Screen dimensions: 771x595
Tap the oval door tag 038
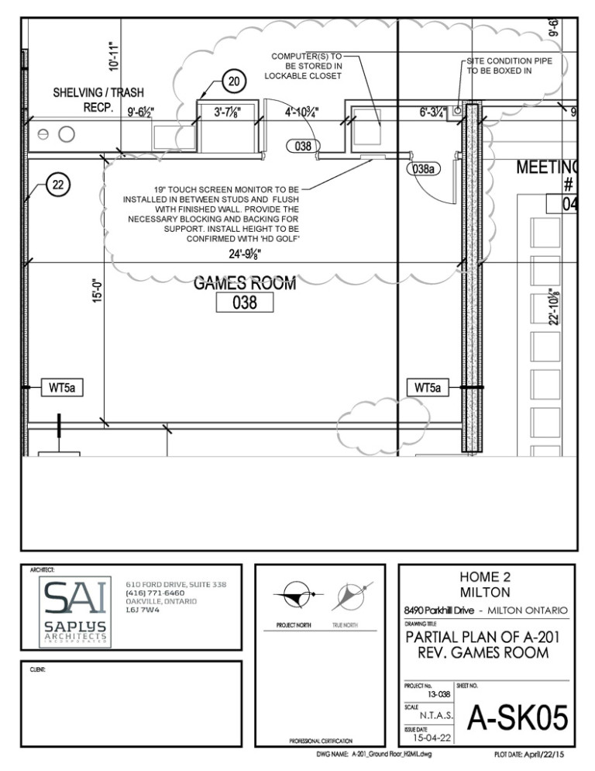(304, 145)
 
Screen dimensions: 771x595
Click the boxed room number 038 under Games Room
(246, 303)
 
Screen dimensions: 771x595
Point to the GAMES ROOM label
(245, 283)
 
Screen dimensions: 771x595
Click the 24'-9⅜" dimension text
(245, 254)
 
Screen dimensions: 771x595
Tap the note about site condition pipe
(509, 66)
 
